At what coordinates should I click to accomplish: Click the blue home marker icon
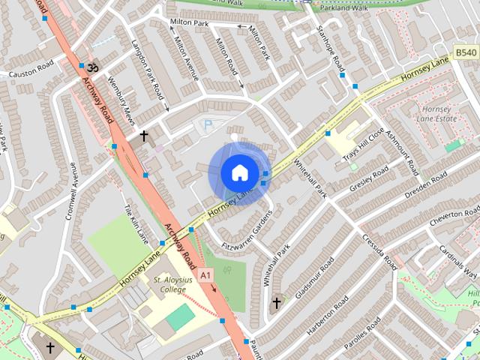238,172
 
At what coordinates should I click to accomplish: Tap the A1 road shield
206,276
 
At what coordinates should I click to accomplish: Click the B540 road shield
466,52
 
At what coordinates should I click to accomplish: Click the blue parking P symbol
208,124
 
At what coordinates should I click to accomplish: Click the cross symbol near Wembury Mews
143,136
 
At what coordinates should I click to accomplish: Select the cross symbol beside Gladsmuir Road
276,303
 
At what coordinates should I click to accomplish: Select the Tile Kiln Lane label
136,223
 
